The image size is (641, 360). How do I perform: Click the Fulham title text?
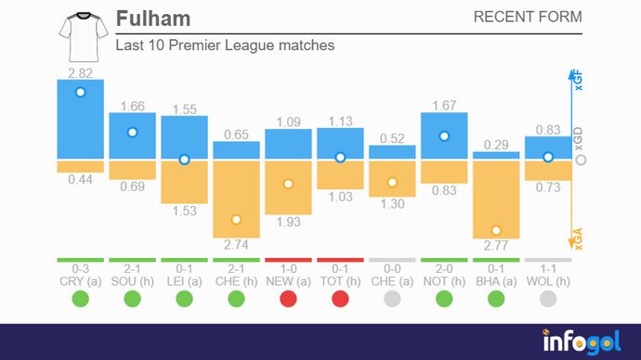click(153, 19)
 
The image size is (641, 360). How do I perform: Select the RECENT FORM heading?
click(528, 17)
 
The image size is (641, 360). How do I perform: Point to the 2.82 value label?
click(80, 71)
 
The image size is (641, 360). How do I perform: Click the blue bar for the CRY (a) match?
click(80, 119)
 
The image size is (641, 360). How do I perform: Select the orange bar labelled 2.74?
click(236, 199)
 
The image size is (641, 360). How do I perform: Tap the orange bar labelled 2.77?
click(496, 200)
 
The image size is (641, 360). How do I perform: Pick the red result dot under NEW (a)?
click(288, 299)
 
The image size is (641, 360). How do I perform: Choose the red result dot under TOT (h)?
click(340, 299)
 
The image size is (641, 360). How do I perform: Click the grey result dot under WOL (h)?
click(548, 299)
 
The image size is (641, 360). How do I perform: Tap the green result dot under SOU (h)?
click(132, 299)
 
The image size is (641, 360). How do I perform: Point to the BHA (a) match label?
click(496, 279)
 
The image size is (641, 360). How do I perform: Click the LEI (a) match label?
click(184, 279)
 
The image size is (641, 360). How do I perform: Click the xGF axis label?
click(578, 83)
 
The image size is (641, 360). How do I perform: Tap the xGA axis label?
click(578, 238)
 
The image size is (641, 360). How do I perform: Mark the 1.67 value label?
click(444, 105)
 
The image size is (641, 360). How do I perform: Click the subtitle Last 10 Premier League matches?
click(225, 45)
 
